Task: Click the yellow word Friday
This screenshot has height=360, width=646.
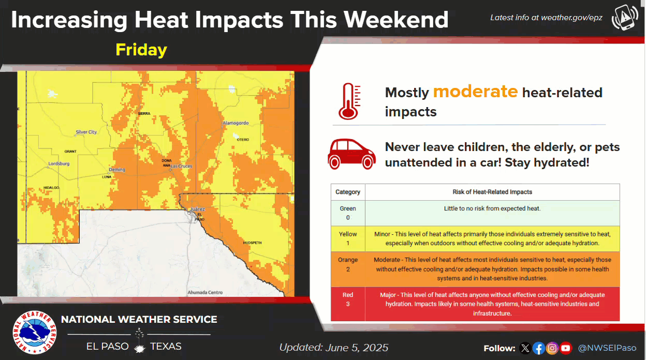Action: (141, 50)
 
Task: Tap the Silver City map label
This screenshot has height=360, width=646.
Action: (86, 132)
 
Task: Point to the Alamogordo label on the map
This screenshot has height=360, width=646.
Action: (236, 123)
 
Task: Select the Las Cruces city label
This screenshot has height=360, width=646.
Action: (181, 166)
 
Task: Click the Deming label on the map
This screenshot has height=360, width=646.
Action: (117, 170)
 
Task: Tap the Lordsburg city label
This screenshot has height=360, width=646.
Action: (59, 164)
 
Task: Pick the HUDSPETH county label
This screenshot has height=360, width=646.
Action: (253, 243)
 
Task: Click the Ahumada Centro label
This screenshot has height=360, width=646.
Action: (205, 292)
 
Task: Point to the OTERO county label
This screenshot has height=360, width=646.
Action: (243, 140)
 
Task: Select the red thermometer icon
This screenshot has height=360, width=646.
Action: (349, 101)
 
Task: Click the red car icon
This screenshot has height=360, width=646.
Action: (351, 154)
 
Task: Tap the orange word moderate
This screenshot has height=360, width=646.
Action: (475, 92)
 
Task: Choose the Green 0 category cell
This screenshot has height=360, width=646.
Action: (348, 213)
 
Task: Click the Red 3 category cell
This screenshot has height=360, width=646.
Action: (348, 304)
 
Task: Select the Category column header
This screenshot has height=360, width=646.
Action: (348, 192)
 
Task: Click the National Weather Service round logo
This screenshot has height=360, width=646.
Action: (35, 333)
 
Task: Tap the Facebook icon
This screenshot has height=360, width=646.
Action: (538, 348)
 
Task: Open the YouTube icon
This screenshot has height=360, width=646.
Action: (566, 348)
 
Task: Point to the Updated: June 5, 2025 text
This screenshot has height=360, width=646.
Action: (334, 348)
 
